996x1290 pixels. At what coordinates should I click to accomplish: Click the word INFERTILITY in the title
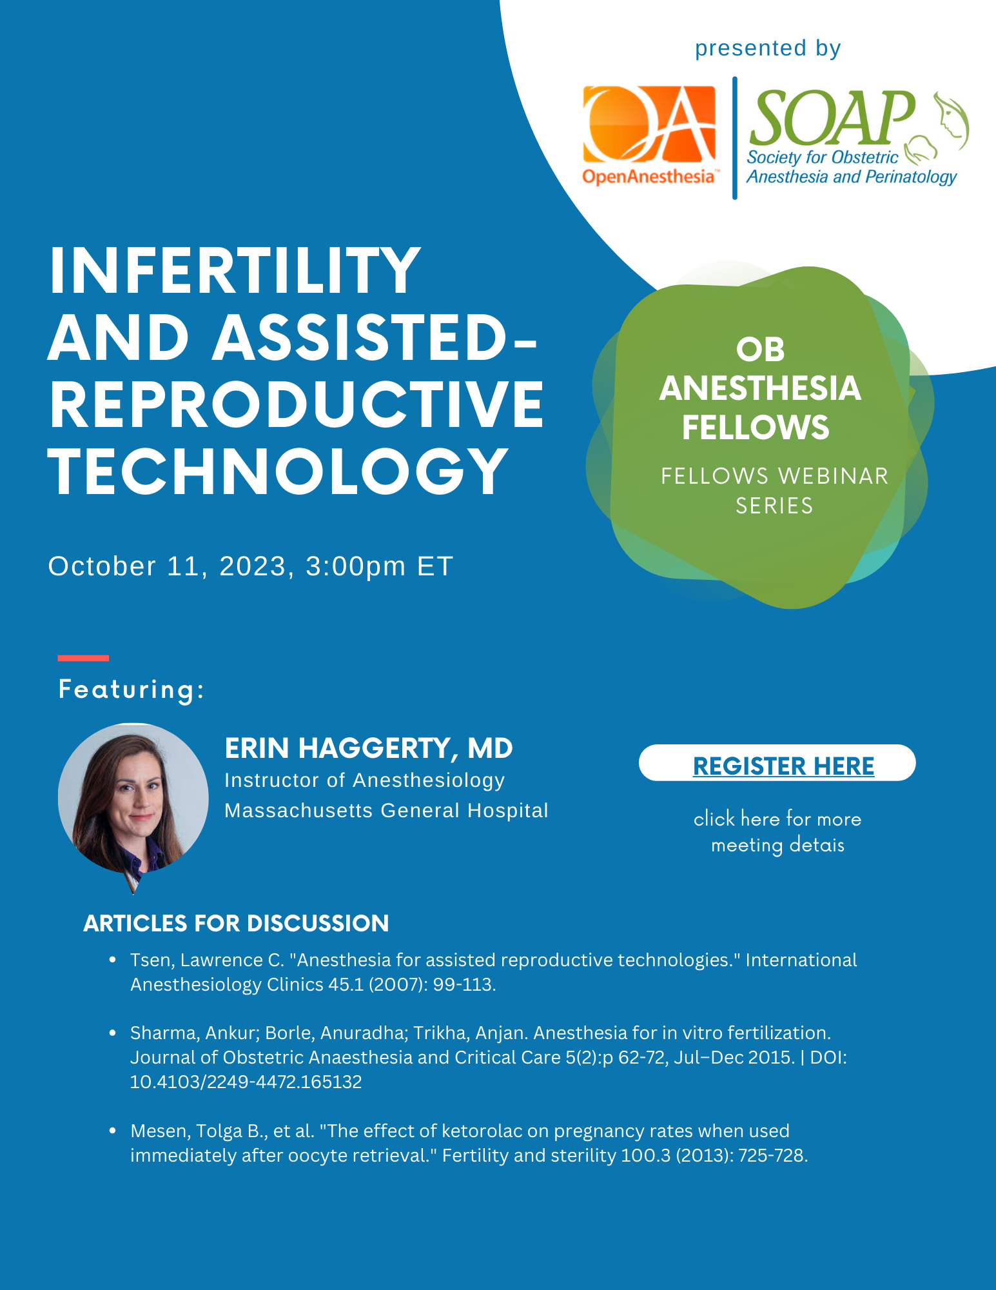click(235, 271)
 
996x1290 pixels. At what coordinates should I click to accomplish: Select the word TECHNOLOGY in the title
click(278, 472)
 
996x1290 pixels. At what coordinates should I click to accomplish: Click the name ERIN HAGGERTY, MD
click(368, 748)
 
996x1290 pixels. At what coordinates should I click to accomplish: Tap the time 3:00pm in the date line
click(355, 566)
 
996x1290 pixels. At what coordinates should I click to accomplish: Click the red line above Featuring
click(83, 658)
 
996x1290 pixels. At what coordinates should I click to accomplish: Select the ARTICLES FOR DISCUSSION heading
click(236, 923)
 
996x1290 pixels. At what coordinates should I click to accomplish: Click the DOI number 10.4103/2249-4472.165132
click(246, 1082)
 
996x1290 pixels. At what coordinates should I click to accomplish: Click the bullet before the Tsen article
click(113, 960)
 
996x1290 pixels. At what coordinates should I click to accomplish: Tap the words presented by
click(767, 48)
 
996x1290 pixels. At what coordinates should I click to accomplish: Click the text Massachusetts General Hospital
click(386, 810)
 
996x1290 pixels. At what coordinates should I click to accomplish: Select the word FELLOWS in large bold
click(756, 428)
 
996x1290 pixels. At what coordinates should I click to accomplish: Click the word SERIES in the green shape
click(774, 506)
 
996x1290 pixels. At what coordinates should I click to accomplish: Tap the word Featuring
click(131, 689)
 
